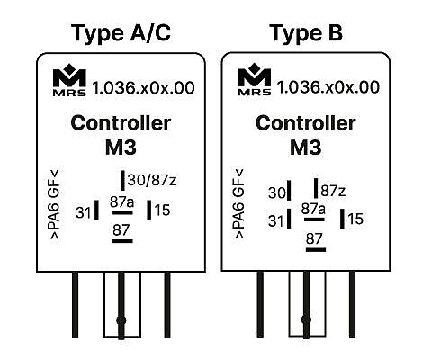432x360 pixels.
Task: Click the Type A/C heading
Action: (x=121, y=33)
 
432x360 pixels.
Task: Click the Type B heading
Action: (x=306, y=33)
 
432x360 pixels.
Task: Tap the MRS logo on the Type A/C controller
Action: (x=69, y=80)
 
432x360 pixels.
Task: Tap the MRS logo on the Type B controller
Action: (x=255, y=79)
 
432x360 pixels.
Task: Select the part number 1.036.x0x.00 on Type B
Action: (x=328, y=87)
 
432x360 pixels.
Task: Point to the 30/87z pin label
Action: (x=152, y=180)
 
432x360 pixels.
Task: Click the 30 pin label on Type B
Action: (x=277, y=193)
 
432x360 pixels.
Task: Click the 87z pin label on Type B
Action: (x=333, y=191)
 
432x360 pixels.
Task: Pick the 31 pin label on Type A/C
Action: (x=84, y=213)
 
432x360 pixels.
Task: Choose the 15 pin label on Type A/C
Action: (x=162, y=210)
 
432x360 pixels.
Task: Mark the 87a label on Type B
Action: (x=313, y=209)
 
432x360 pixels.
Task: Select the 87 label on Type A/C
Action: (x=121, y=230)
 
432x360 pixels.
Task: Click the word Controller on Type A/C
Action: (x=121, y=123)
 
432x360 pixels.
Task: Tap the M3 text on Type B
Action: (x=306, y=148)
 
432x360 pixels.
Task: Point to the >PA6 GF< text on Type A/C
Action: (x=55, y=204)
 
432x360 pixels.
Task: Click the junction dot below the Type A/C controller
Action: (x=121, y=320)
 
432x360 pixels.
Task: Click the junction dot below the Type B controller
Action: (x=306, y=319)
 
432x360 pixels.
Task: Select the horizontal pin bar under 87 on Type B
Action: (x=316, y=249)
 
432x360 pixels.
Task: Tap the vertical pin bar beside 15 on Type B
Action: (x=342, y=219)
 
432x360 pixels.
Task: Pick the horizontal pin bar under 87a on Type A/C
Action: (x=122, y=212)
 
